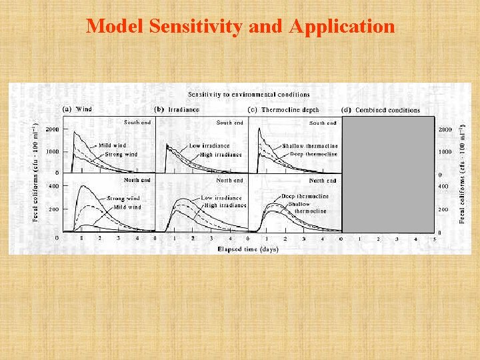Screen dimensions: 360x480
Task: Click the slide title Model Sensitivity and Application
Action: click(240, 26)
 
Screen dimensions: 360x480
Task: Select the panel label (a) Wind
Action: click(78, 109)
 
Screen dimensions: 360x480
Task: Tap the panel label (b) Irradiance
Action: click(177, 109)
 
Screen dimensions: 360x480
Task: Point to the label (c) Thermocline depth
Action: click(283, 109)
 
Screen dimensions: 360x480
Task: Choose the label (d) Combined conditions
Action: click(381, 110)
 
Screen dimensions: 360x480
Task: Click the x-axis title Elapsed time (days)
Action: click(248, 249)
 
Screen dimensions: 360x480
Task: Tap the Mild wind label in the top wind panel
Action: click(112, 145)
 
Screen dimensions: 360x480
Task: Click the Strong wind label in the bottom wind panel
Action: click(123, 199)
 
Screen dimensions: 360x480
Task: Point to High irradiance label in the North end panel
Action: click(225, 205)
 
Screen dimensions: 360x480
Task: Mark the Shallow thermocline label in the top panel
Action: click(309, 145)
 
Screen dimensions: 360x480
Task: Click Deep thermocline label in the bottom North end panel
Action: click(305, 196)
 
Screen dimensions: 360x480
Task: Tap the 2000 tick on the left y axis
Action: click(52, 129)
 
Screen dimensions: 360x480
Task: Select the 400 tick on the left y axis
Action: click(54, 186)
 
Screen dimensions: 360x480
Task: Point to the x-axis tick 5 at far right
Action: click(434, 238)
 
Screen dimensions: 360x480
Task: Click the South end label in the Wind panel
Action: click(137, 122)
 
